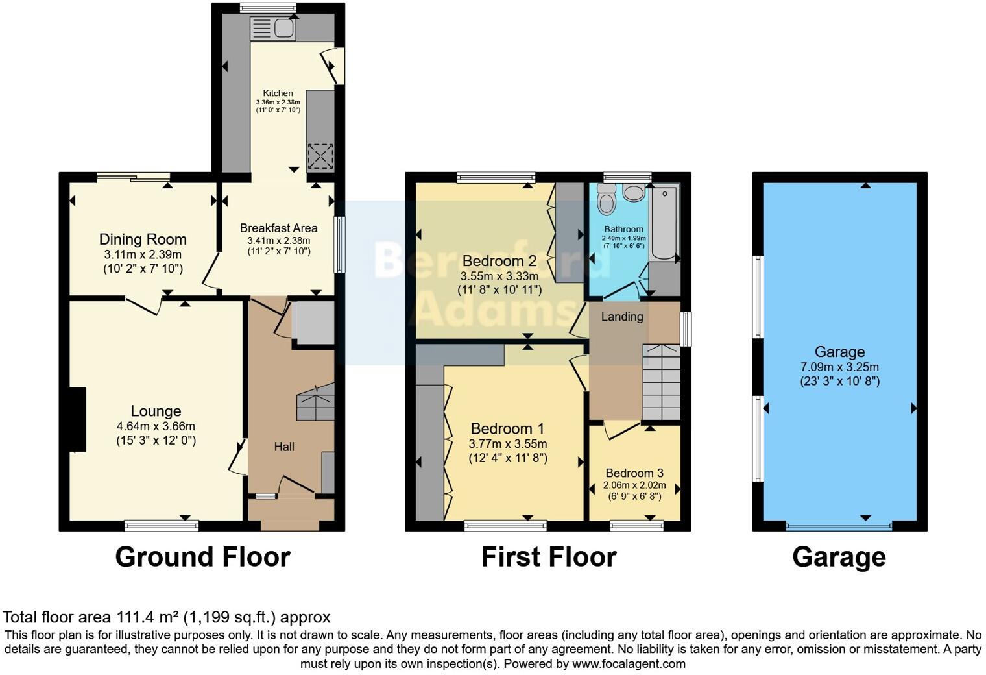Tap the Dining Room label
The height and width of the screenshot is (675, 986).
tap(143, 239)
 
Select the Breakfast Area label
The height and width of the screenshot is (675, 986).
tap(278, 228)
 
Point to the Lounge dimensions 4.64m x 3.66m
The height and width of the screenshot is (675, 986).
tap(156, 426)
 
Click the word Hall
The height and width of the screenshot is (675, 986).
tap(284, 447)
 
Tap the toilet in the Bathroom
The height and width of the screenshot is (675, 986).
tap(607, 198)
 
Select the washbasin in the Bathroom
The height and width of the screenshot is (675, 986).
tap(633, 192)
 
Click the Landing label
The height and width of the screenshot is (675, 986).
tap(622, 317)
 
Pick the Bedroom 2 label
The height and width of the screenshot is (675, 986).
tap(499, 261)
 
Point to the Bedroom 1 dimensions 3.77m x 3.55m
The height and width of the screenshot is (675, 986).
tap(508, 444)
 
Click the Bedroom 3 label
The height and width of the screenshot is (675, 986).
tap(634, 473)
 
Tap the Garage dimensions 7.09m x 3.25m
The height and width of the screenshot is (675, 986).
tap(839, 367)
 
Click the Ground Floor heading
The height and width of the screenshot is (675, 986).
tap(202, 557)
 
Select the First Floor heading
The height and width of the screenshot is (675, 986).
tap(549, 557)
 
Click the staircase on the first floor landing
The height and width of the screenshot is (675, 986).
tap(661, 383)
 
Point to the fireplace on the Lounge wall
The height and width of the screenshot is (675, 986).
tap(77, 419)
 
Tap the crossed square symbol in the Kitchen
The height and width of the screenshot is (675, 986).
tap(320, 156)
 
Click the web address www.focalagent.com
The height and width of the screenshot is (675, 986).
tap(629, 664)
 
